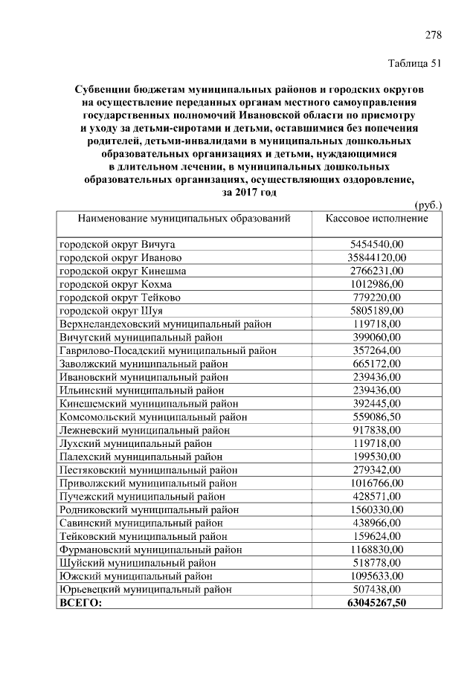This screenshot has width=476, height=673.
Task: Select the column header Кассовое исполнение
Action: (x=376, y=219)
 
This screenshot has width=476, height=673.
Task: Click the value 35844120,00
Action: (x=376, y=257)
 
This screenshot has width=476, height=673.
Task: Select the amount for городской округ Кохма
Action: (x=376, y=284)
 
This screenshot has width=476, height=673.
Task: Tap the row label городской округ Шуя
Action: (x=103, y=310)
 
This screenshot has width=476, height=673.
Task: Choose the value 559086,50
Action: (x=376, y=416)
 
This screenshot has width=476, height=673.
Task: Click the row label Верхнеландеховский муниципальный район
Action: (x=165, y=323)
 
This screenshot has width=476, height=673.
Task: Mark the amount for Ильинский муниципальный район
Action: (x=376, y=390)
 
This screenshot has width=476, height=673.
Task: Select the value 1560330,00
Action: (x=376, y=509)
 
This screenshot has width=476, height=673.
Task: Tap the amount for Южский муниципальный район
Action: (x=376, y=576)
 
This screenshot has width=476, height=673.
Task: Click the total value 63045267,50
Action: (x=376, y=602)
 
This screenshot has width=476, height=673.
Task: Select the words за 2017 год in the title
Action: (x=249, y=192)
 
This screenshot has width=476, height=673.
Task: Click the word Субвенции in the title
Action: (x=106, y=89)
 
